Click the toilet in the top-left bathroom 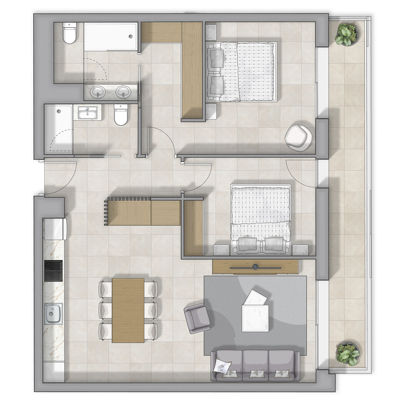(70, 34)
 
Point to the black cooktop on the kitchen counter (53, 271)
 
